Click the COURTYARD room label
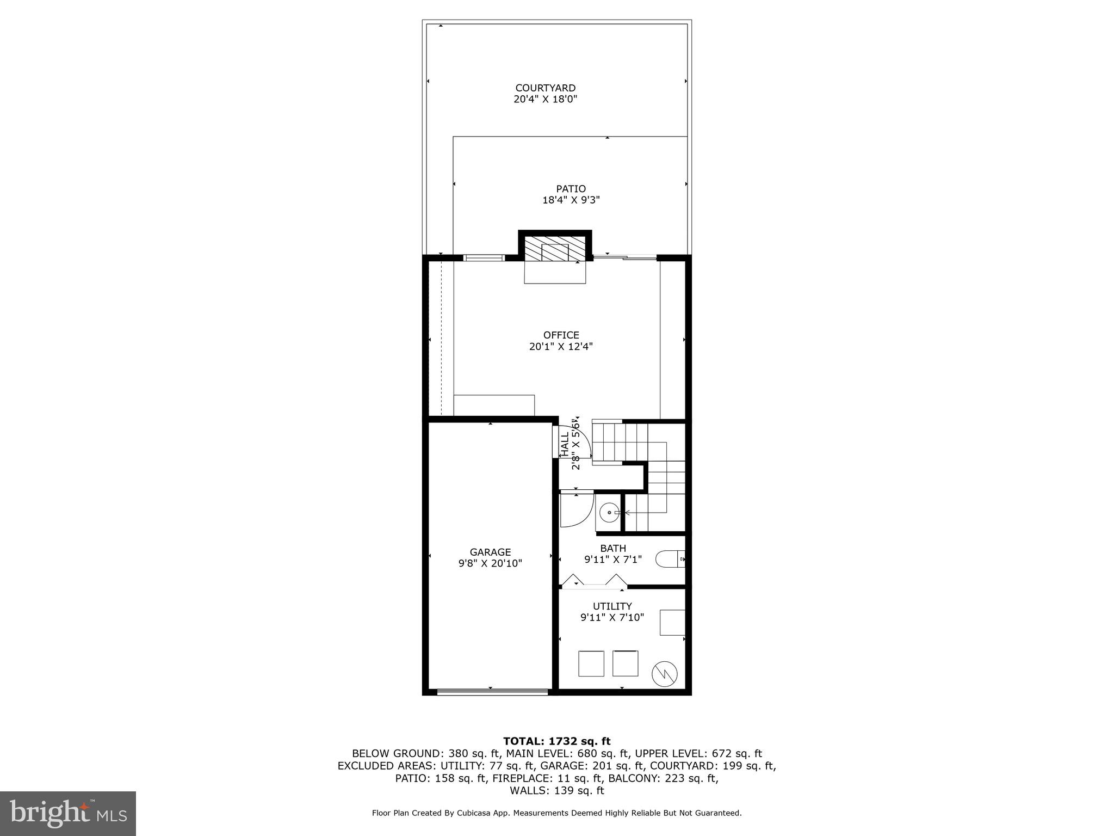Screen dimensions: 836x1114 point(545,88)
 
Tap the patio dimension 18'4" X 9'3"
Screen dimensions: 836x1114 point(571,200)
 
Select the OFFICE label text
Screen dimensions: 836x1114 point(561,335)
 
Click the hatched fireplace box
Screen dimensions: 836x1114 point(555,248)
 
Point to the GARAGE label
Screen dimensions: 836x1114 point(490,552)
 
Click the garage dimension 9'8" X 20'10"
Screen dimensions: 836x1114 point(490,563)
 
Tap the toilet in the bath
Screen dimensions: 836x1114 point(670,559)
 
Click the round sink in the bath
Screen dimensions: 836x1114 point(609,512)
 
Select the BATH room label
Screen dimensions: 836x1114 point(613,548)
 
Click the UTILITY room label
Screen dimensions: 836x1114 point(612,606)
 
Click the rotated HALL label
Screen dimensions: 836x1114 point(565,444)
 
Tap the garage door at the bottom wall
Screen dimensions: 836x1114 point(492,692)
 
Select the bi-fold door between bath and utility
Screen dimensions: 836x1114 point(594,583)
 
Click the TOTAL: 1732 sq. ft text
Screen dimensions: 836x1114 point(556,741)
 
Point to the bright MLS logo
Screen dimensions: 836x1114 point(68,813)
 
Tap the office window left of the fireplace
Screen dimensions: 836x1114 point(484,258)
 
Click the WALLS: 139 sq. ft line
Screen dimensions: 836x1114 point(556,791)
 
